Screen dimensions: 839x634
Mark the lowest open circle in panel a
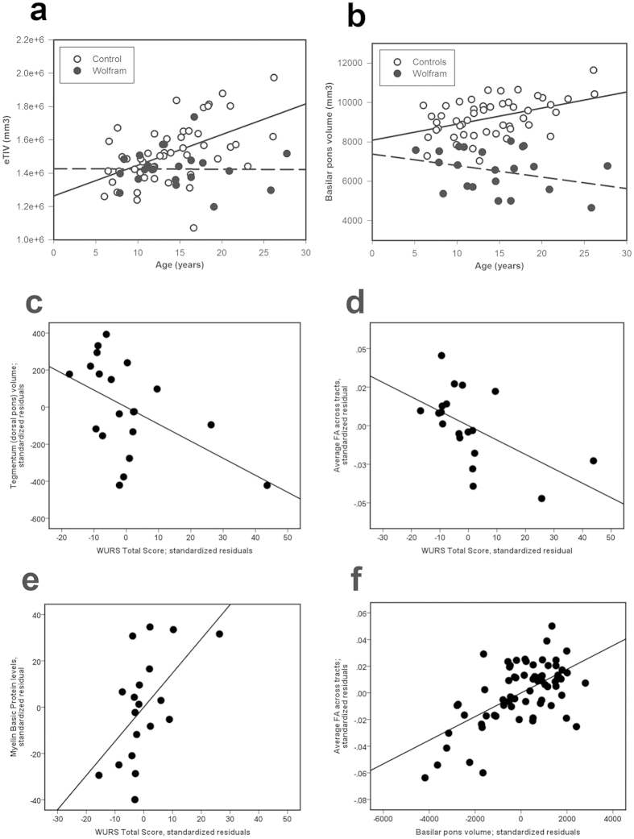point(193,228)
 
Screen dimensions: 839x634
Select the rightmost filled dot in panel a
point(287,153)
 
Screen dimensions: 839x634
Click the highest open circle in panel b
point(594,70)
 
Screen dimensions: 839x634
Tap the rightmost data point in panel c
point(267,485)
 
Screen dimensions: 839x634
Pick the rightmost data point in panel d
point(593,461)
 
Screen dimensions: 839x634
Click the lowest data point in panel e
point(135,800)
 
